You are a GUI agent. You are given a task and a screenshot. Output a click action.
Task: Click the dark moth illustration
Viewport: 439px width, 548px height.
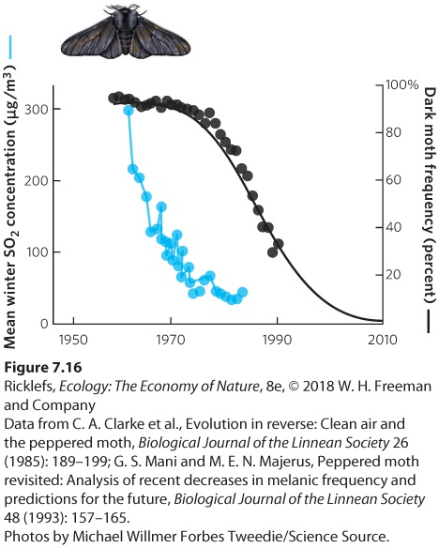click(126, 33)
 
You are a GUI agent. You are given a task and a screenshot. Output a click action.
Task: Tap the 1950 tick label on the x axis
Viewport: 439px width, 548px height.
click(73, 340)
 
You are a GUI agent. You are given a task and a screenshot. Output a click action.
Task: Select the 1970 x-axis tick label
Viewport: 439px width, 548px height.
click(171, 340)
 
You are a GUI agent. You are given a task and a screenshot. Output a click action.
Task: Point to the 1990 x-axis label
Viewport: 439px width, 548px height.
click(277, 340)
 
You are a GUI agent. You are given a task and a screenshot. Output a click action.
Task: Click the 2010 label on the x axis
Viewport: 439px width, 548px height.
click(383, 340)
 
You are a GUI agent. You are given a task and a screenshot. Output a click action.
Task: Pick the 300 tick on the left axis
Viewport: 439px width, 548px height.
click(37, 110)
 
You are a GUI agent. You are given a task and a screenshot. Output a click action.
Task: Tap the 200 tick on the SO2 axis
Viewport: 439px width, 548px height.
click(37, 181)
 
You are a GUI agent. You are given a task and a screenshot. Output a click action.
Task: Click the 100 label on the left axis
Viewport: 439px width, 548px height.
click(37, 252)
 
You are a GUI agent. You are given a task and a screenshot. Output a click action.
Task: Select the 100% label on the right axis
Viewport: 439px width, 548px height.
click(401, 84)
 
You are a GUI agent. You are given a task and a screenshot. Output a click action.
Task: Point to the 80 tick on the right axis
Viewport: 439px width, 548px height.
click(393, 132)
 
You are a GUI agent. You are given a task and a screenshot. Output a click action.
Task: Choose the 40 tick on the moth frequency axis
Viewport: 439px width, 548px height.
click(393, 227)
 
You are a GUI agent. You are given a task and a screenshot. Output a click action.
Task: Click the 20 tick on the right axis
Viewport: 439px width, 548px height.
click(393, 275)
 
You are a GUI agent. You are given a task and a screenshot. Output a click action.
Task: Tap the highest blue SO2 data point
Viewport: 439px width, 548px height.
click(129, 111)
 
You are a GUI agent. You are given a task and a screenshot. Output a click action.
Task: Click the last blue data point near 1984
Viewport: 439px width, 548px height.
click(242, 292)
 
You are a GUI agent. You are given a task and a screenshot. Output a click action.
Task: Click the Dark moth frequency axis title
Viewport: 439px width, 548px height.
click(430, 195)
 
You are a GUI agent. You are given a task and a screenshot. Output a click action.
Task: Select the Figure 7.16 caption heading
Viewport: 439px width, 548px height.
click(43, 368)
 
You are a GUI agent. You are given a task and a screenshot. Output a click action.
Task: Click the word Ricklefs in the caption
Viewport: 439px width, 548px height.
click(29, 387)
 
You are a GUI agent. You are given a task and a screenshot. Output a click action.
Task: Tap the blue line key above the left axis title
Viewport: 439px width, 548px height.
click(10, 47)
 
